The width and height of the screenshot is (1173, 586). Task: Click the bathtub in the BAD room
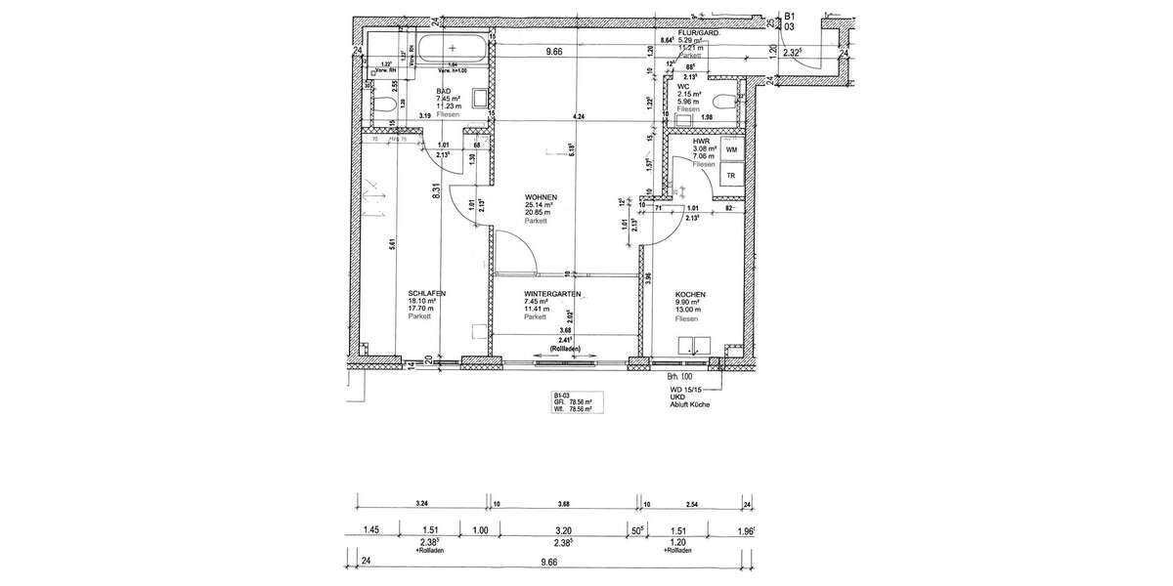[452, 47]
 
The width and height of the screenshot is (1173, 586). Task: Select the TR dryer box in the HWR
[731, 176]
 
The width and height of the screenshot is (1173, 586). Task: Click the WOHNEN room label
[539, 197]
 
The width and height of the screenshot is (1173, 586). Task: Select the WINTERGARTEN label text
[553, 293]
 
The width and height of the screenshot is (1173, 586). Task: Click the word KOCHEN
[690, 293]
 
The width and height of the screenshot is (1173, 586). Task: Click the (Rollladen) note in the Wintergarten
[566, 349]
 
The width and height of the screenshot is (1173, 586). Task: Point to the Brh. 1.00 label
[679, 375]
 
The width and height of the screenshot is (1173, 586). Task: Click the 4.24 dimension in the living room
[581, 116]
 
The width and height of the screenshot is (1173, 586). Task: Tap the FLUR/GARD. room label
[699, 32]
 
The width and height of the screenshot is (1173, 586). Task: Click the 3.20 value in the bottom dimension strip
[562, 531]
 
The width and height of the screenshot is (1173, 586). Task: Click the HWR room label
[700, 141]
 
